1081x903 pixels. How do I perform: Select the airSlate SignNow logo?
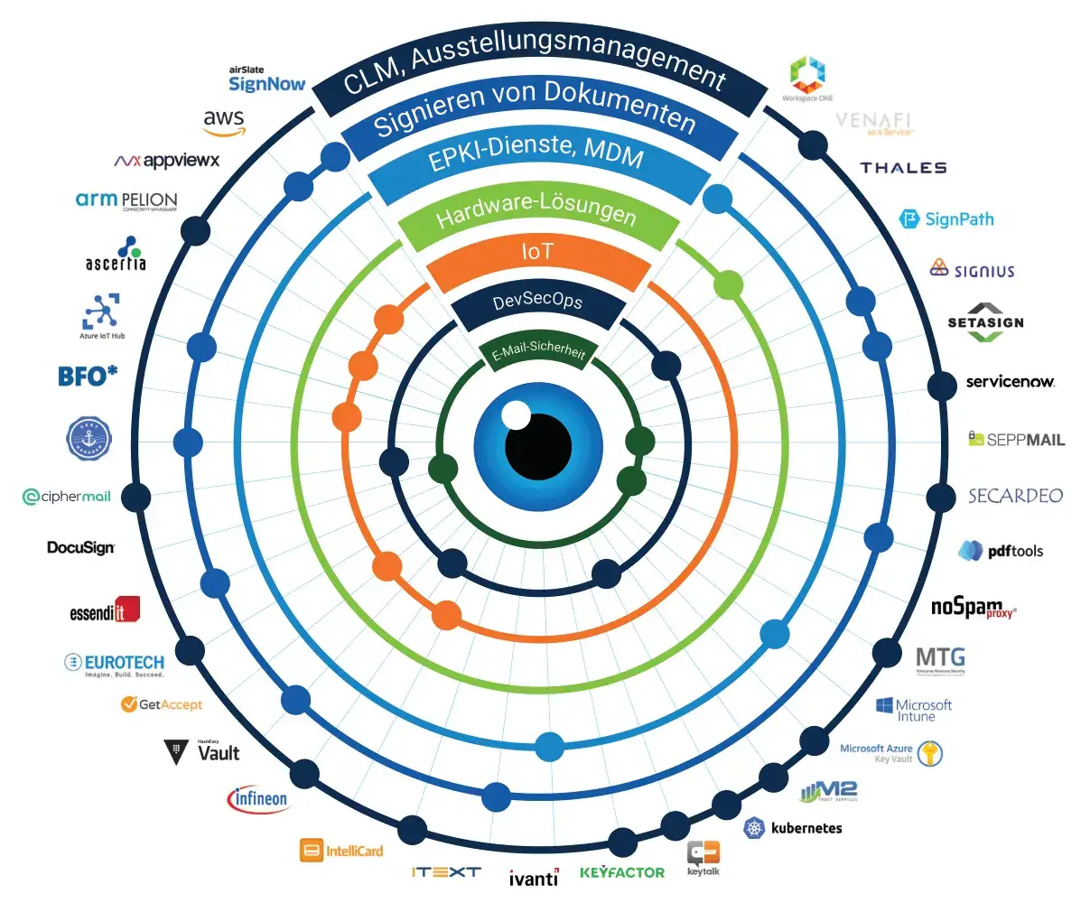tap(266, 79)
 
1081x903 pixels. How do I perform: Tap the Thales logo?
tap(903, 168)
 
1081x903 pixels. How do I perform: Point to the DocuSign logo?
tap(81, 547)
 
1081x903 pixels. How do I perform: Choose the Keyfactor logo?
tap(621, 872)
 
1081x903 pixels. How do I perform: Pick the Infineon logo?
tap(258, 798)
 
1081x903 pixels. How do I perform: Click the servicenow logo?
tap(1010, 382)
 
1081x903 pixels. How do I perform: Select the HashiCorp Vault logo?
tap(202, 751)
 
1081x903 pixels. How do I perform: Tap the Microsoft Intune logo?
tap(913, 709)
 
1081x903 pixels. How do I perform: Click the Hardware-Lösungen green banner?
tap(536, 218)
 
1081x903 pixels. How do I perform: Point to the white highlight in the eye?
tap(516, 415)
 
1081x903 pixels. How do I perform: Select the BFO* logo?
tap(89, 376)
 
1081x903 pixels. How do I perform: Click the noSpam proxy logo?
tap(974, 609)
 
